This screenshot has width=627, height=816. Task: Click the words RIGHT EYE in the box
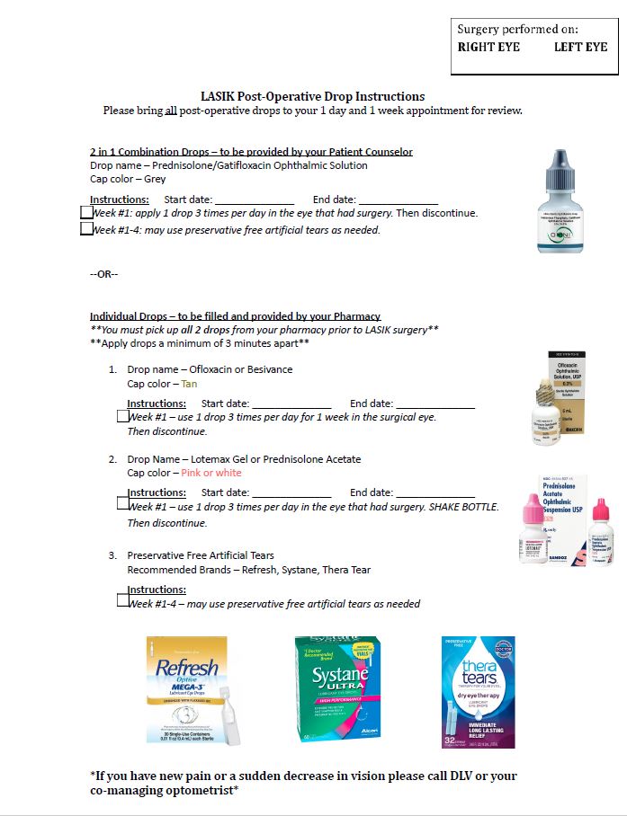click(x=488, y=47)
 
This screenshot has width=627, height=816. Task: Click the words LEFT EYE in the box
click(x=580, y=47)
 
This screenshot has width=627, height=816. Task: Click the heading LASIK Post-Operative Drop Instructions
click(x=312, y=96)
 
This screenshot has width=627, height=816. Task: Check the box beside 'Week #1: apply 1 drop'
click(x=86, y=213)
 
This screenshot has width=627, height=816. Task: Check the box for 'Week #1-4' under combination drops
click(x=86, y=229)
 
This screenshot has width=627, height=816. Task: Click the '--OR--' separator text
click(x=103, y=273)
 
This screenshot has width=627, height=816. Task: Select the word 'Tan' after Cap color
click(x=189, y=384)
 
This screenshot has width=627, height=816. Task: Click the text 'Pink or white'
click(x=211, y=473)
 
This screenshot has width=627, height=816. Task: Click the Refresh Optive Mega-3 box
click(x=187, y=689)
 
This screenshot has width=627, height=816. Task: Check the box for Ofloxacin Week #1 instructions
click(x=123, y=416)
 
